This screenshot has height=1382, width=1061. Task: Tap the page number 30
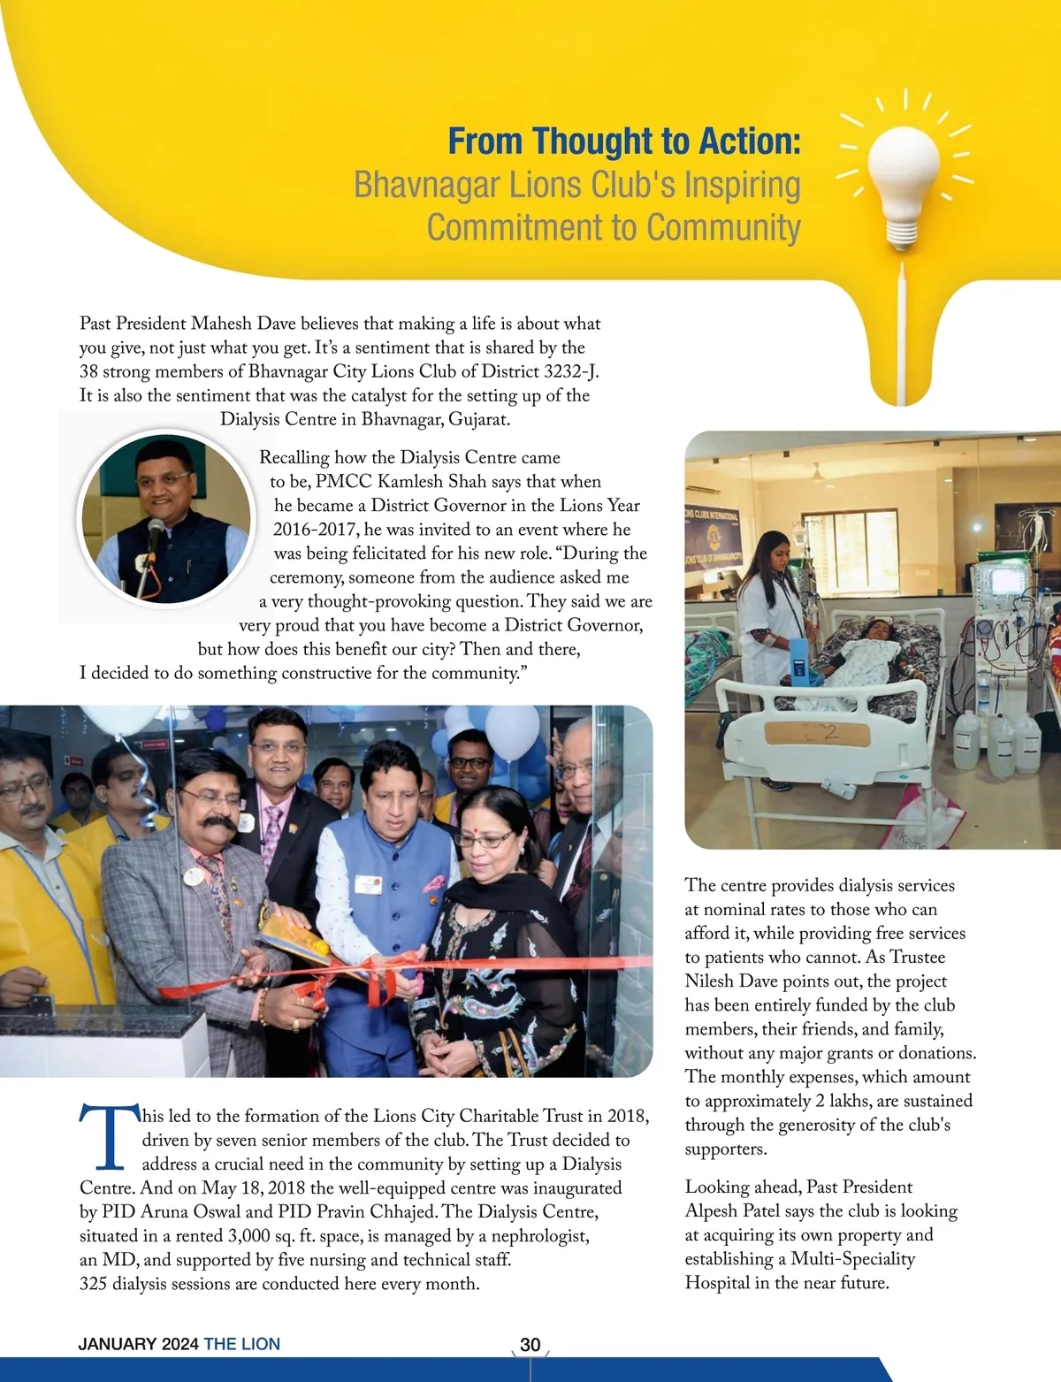pos(530,1345)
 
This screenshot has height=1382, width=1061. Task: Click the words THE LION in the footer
pos(241,1345)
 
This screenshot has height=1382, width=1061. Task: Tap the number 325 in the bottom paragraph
pos(93,1284)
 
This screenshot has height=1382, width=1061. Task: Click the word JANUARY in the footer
pos(118,1345)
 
